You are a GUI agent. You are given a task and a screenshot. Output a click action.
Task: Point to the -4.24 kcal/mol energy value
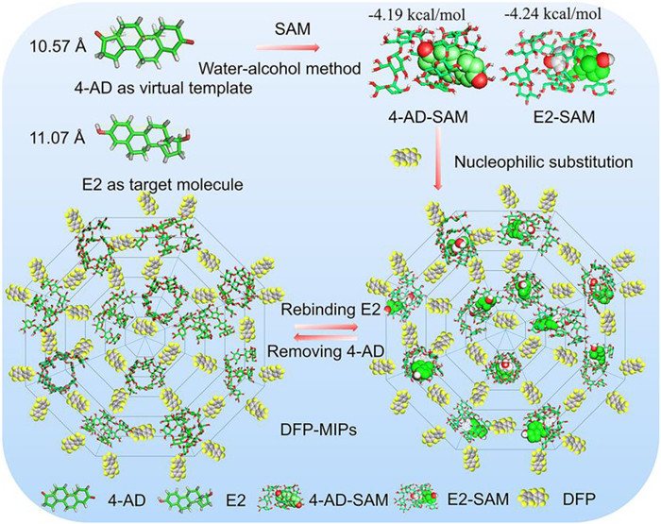click(542, 12)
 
